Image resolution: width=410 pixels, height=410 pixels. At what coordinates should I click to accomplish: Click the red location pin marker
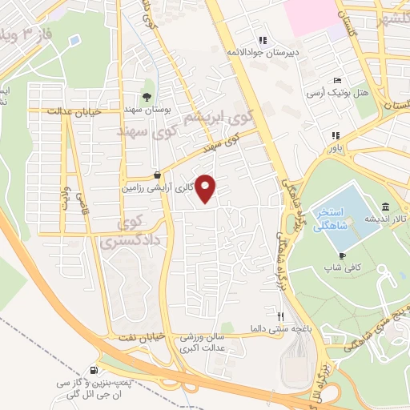coord(206,188)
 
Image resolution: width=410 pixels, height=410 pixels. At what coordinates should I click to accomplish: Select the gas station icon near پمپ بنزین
coord(96,371)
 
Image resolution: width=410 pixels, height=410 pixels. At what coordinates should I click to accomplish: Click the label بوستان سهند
coord(149,109)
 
